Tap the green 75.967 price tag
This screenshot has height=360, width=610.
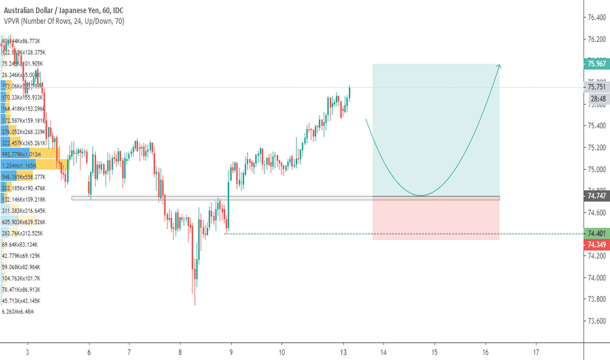click(x=596, y=63)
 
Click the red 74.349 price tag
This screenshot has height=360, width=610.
click(x=596, y=244)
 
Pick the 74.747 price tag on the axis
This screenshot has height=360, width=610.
click(x=596, y=196)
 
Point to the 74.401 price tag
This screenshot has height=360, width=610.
click(x=596, y=233)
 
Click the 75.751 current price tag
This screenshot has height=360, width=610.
click(x=596, y=87)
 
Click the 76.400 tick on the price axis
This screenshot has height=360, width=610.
click(x=596, y=18)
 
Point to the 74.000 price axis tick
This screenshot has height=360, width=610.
click(x=596, y=278)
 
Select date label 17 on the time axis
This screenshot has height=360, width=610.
click(x=536, y=352)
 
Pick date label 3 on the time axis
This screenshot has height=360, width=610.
click(x=27, y=352)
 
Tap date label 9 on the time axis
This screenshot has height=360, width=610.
click(x=230, y=352)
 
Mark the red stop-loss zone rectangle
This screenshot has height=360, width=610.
click(x=436, y=219)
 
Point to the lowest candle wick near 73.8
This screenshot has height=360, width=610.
click(x=194, y=302)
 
